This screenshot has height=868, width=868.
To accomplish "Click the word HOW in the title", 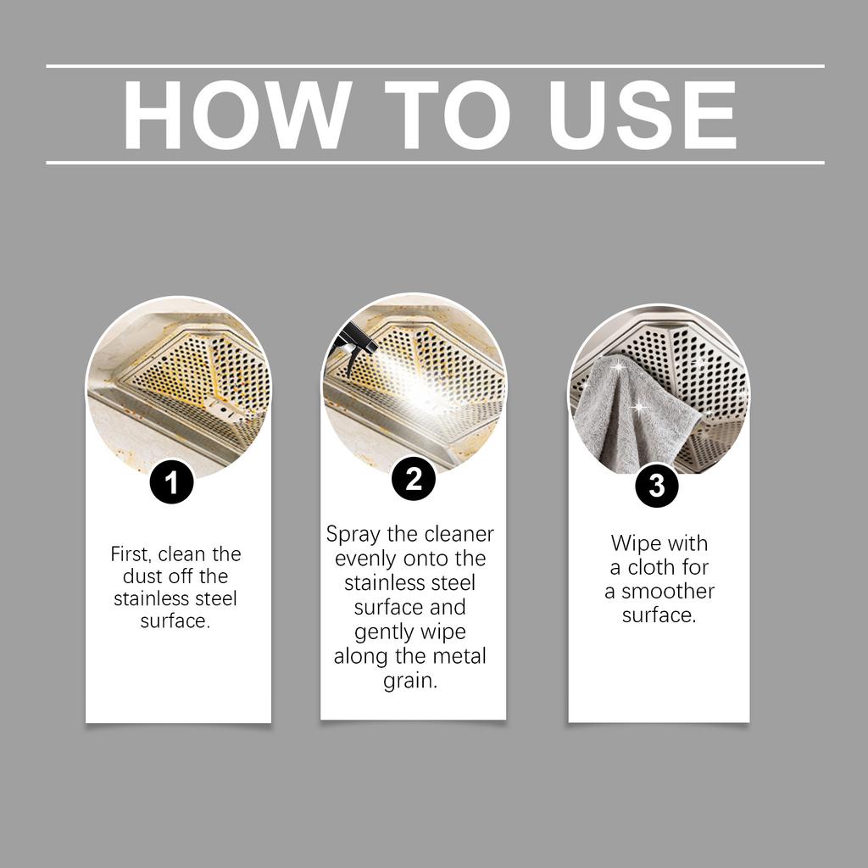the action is [237, 114].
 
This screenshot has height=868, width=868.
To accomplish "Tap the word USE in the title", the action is [643, 114].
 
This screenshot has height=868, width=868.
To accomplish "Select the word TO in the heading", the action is [448, 114].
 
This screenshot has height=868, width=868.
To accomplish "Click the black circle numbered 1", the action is [171, 481].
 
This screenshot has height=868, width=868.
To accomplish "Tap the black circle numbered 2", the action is [414, 478].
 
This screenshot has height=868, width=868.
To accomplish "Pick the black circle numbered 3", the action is [657, 486].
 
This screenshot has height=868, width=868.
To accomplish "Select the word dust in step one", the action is [142, 576].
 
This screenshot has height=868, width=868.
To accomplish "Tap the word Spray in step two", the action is [353, 535].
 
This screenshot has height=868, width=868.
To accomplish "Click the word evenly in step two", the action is [366, 559].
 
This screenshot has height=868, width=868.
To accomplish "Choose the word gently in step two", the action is [382, 632].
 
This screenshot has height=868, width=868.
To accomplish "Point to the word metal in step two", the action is [459, 657].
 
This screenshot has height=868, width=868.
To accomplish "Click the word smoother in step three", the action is [668, 591].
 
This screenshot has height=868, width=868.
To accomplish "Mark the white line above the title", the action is [435, 66].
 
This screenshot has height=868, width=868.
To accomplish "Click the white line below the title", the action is [435, 163].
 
